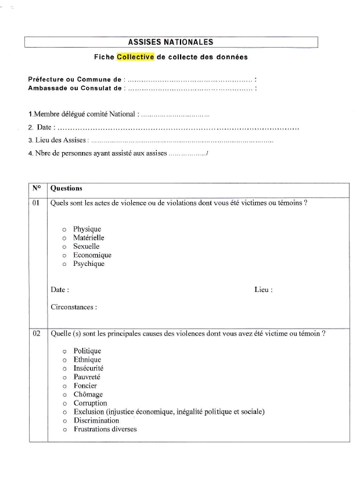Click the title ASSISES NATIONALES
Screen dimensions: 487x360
pos(171,42)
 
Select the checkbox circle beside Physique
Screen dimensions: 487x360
pos(64,229)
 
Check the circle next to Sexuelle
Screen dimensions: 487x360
pos(64,247)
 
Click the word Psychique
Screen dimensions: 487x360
pos(89,264)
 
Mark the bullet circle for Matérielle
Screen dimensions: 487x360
pos(64,238)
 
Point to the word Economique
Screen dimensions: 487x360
pos(92,255)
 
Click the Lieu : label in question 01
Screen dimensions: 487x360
pos(263,290)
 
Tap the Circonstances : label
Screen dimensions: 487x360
pos(74,307)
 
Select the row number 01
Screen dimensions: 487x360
pos(36,203)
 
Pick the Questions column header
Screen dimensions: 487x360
pos(66,188)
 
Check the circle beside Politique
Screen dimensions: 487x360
pos(64,351)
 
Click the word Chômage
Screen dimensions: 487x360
pos(88,395)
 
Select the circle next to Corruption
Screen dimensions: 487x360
pos(64,403)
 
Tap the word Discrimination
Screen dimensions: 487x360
pos(96,420)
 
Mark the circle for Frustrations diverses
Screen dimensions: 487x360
pos(64,430)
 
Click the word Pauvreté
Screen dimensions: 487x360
pos(87,377)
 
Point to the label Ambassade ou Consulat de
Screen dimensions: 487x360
pos(75,88)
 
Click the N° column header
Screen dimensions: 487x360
pos(37,188)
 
